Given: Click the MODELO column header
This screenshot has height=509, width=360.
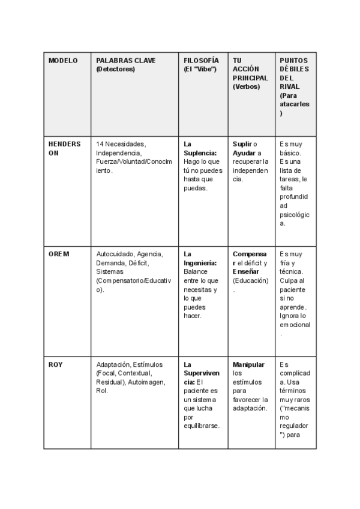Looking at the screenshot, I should point(63,61).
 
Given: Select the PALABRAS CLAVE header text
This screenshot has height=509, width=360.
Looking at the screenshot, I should point(125,61).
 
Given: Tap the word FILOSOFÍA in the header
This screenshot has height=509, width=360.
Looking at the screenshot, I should point(201,61).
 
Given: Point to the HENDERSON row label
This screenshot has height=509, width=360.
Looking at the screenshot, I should point(64,148).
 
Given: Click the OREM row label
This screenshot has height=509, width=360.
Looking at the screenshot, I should point(59,254).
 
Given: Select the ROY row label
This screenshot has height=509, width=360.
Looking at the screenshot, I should point(56,364).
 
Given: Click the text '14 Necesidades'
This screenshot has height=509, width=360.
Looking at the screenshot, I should point(121,144).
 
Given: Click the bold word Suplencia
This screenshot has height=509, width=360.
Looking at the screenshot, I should point(200,152).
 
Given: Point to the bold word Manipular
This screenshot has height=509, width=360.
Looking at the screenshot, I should point(248,364).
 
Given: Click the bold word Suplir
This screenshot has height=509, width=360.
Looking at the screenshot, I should point(242,144).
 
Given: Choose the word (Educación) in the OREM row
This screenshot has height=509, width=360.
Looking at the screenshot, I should point(251,280).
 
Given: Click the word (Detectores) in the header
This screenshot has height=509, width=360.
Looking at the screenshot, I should point(115,69).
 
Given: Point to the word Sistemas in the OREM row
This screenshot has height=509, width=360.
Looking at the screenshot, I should point(110,271).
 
